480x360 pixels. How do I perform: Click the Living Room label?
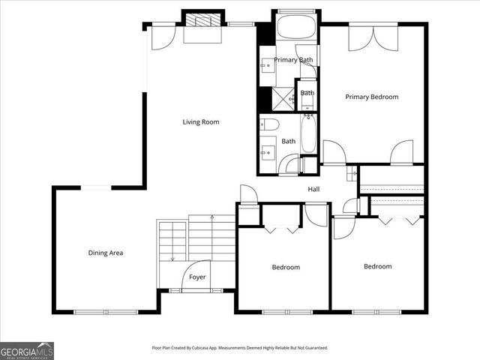pos(201,121)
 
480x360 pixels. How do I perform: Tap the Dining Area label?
pos(106,253)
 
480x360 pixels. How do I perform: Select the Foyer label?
pos(197,277)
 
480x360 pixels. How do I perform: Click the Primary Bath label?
pos(293,60)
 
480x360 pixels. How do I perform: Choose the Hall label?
pos(313,189)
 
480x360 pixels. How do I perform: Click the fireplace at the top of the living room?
pos(205,21)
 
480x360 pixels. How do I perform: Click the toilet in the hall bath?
pos(270,124)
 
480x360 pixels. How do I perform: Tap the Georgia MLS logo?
pos(27,350)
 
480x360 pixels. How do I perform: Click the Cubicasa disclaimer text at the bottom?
pos(240,348)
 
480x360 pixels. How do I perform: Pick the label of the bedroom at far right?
pos(378,266)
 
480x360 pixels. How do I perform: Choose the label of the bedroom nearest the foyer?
pos(286,267)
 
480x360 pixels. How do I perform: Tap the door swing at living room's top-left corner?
pos(161,37)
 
